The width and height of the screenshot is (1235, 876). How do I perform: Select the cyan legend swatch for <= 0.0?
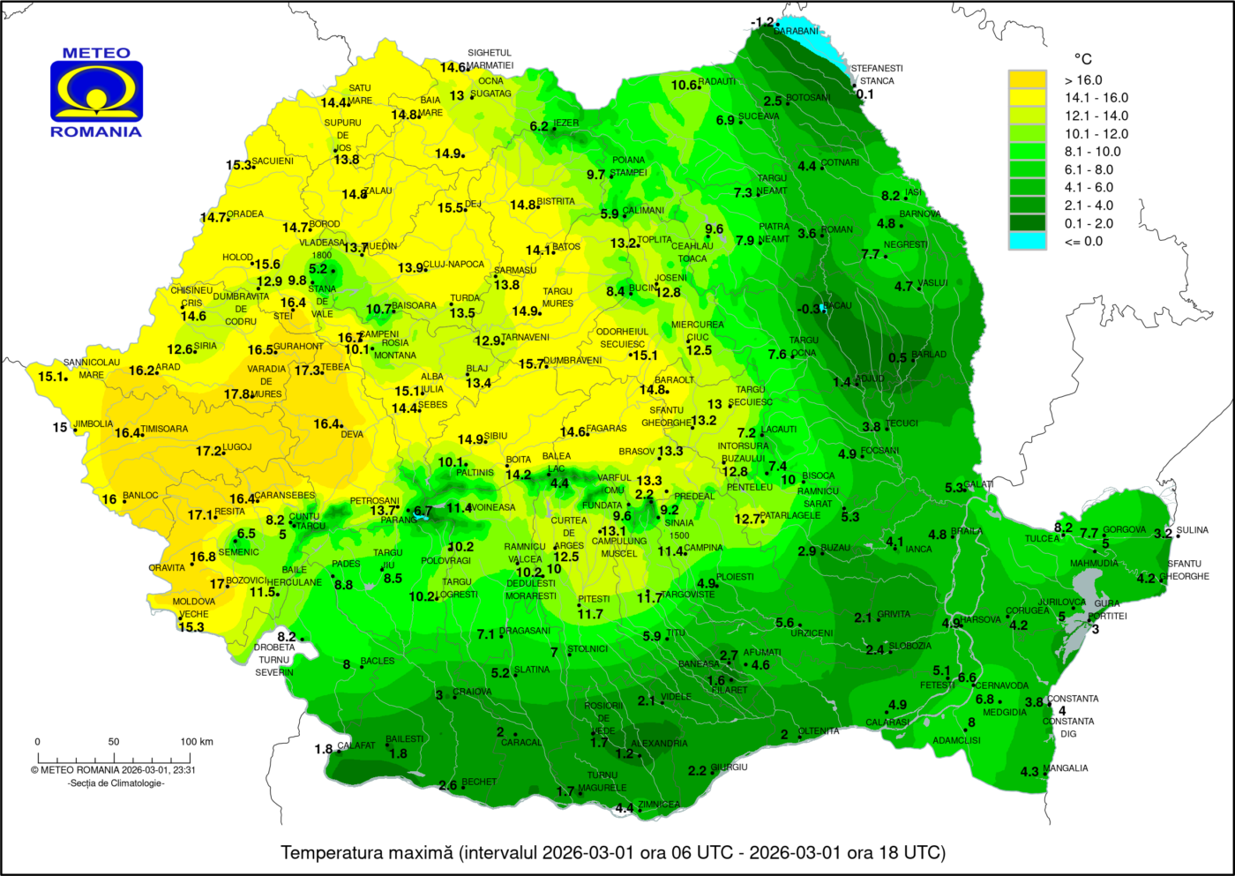[1027, 241]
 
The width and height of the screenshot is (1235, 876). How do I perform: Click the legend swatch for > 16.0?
[1027, 80]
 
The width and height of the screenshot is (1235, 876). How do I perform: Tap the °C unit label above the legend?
[1082, 59]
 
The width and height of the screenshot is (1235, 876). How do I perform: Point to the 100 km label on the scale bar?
[197, 742]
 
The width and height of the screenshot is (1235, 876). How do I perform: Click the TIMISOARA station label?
[164, 429]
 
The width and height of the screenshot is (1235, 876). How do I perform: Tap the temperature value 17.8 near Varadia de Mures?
[237, 394]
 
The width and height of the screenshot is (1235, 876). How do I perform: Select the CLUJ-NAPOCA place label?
[453, 264]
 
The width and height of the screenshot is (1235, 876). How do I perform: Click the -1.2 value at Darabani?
[761, 22]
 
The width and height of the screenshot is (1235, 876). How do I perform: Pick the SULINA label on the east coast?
[1193, 530]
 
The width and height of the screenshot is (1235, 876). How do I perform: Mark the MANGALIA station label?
[1066, 768]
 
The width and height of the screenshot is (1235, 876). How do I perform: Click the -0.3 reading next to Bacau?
[809, 309]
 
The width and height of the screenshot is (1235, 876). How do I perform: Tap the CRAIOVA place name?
[472, 692]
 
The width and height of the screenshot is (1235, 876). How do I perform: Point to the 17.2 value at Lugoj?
[208, 451]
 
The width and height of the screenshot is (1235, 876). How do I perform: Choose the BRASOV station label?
[637, 452]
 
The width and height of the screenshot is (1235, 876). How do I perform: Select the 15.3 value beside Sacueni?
[238, 165]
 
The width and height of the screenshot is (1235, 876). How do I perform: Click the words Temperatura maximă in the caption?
[366, 852]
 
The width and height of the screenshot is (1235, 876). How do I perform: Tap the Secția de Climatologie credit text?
[116, 783]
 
